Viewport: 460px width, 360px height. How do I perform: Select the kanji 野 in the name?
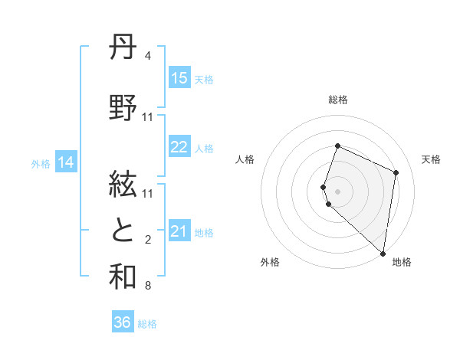[x=123, y=109]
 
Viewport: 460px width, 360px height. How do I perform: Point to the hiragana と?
[x=123, y=231]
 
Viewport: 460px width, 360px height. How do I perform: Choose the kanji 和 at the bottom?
[x=123, y=277]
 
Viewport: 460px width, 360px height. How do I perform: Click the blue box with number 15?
[x=179, y=78]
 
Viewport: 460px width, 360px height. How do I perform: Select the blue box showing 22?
[x=179, y=148]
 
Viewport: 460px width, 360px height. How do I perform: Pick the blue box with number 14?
[x=66, y=162]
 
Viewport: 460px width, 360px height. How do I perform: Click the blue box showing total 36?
[x=123, y=322]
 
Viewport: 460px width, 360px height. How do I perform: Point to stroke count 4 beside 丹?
[x=148, y=56]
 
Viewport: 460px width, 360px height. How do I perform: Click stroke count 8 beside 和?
[x=148, y=286]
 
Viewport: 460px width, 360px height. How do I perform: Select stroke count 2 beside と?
[x=148, y=240]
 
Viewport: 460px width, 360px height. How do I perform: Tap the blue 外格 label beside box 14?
[x=40, y=163]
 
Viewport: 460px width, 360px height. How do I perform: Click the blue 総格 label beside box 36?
[x=147, y=324]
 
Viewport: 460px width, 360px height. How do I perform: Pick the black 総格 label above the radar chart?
[x=337, y=100]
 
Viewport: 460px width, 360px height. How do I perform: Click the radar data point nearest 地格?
[x=383, y=253]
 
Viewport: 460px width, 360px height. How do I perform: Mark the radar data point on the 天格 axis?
[x=396, y=172]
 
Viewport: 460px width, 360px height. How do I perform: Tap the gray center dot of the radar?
[x=337, y=191]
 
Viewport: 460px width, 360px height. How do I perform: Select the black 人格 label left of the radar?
[x=245, y=159]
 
